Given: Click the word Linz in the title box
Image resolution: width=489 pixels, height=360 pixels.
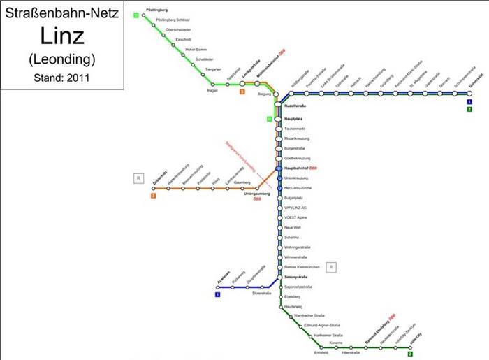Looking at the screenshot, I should coord(61,36).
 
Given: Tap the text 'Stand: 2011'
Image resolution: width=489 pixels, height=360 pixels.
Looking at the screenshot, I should coord(61,77).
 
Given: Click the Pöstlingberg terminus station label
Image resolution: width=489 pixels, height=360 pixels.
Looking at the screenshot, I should coord(157,10).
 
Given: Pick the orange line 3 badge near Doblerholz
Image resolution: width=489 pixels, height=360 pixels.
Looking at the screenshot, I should coord(153,196).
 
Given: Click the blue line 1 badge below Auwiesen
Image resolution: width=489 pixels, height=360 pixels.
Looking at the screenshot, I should coord(218,294).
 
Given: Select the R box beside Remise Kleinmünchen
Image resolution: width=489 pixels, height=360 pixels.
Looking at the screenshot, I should coord(332,266).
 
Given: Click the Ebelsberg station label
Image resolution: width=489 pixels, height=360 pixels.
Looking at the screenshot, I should coord(294,297).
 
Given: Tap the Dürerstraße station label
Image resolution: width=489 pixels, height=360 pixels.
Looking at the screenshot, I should coord(261,294).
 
